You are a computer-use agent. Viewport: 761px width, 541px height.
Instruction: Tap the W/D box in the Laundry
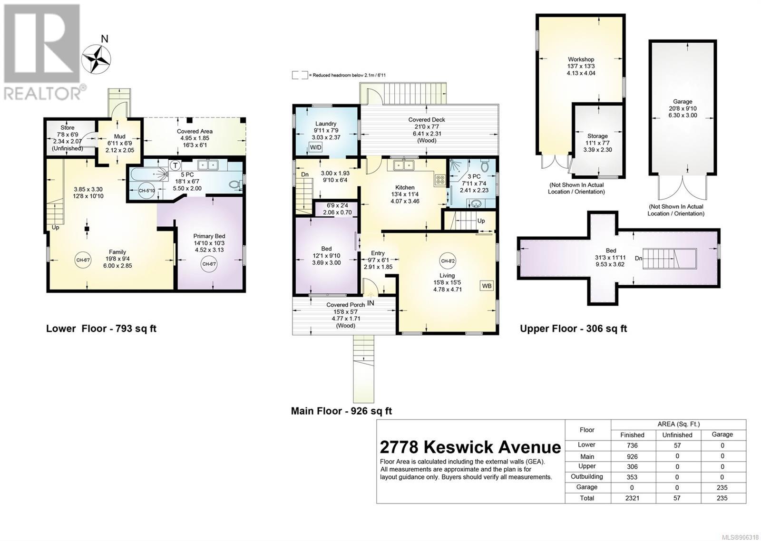316,147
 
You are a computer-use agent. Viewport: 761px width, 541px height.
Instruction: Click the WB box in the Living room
487,286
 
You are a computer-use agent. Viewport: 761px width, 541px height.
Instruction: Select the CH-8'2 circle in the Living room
448,261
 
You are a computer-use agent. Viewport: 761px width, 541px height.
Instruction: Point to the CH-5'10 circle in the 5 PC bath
147,191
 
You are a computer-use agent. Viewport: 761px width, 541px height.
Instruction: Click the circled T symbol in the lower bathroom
176,166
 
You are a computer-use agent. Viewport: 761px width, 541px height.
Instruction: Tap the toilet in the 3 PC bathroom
485,166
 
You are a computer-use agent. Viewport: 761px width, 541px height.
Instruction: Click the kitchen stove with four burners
439,180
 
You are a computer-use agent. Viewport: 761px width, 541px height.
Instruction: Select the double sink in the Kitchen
404,165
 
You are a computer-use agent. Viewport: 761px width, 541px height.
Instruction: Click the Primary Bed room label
209,236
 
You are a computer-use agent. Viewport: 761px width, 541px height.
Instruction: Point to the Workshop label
581,59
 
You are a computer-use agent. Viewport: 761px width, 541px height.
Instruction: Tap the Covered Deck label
426,119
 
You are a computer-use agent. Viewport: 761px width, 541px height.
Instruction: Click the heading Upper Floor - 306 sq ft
574,328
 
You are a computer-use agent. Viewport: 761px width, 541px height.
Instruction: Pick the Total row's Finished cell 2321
632,498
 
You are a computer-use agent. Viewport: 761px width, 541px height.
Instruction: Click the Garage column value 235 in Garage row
722,487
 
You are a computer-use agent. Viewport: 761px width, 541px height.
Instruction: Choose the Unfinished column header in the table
677,435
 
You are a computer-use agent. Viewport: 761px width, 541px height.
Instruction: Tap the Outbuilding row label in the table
587,476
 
